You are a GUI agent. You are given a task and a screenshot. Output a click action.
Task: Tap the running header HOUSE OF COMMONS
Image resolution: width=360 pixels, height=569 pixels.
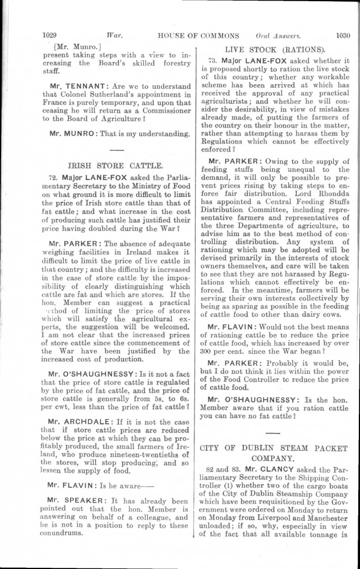tap(198, 34)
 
